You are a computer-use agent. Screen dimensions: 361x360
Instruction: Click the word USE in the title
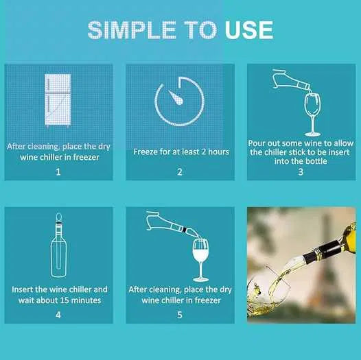(249, 30)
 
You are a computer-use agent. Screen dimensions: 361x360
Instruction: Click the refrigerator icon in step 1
(58, 100)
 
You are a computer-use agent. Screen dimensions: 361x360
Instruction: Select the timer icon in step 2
(179, 101)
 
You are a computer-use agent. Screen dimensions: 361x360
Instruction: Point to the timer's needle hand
(176, 97)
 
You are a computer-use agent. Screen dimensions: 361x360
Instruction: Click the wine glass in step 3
(312, 115)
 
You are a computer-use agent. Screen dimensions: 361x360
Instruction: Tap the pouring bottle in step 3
(291, 80)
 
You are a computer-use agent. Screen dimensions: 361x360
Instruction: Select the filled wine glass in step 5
(200, 260)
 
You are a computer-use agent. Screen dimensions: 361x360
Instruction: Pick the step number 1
(58, 172)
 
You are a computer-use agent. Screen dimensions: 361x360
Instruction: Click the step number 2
(180, 172)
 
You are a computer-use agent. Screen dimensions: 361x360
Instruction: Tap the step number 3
(301, 171)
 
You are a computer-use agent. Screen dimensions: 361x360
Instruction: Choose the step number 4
(58, 315)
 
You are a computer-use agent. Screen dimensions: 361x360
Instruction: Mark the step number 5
(180, 315)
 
